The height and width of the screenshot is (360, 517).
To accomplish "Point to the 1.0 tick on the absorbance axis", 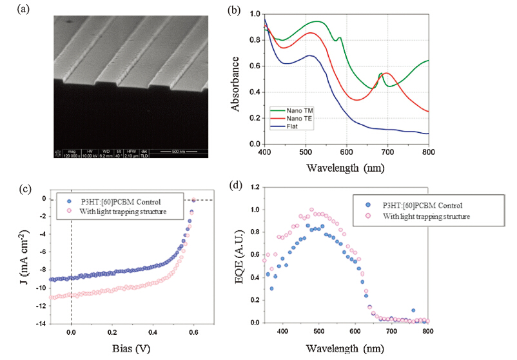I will point(254,14).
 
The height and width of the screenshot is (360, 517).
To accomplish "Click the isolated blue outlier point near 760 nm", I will point(485,310).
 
